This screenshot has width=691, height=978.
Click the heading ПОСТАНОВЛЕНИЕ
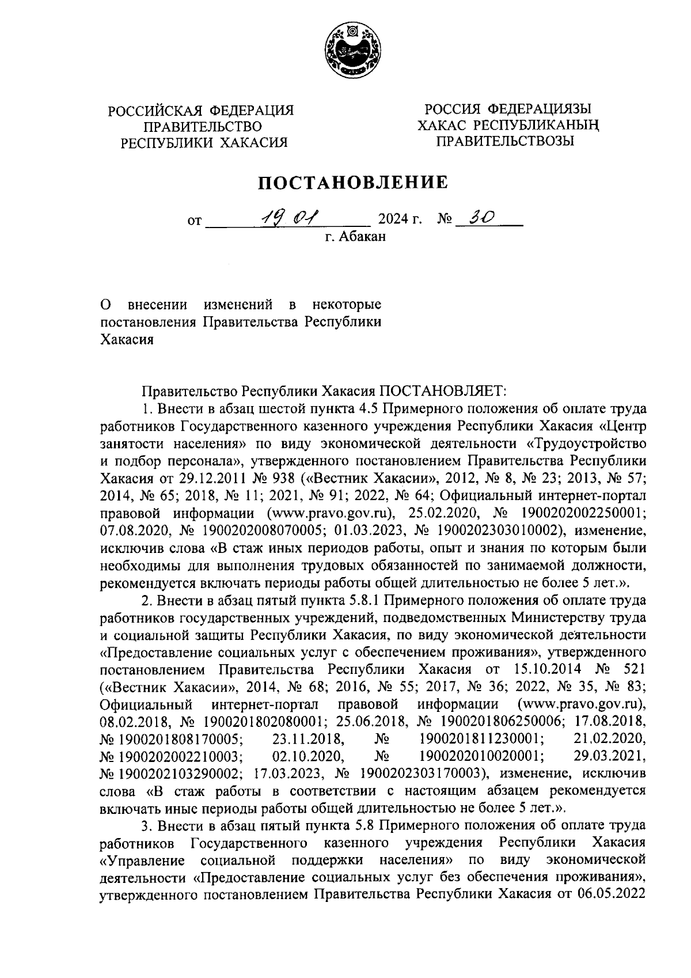click(352, 183)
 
